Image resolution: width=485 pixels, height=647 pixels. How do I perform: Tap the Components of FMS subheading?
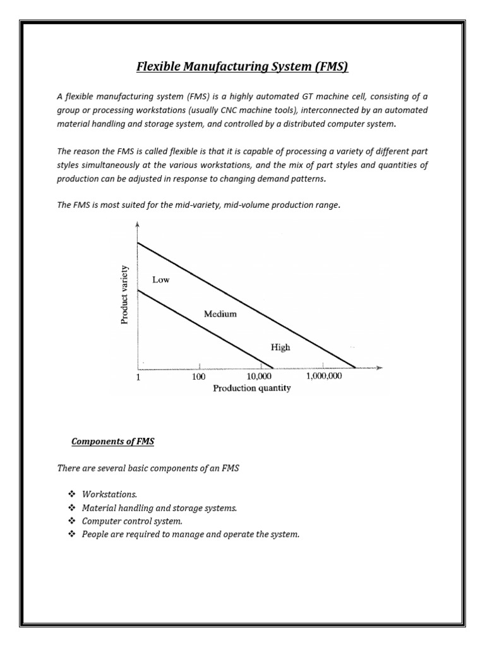click(113, 442)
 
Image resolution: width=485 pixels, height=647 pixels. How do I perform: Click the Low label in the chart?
click(160, 280)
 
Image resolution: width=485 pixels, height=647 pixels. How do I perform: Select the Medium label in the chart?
click(220, 314)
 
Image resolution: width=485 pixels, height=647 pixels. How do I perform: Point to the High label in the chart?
click(280, 347)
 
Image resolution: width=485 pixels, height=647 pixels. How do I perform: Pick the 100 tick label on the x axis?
click(199, 377)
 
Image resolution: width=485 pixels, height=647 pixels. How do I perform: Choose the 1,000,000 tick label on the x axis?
click(324, 377)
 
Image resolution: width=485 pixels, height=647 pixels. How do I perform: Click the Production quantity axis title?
click(252, 388)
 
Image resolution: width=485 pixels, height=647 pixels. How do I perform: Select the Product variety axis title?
click(124, 294)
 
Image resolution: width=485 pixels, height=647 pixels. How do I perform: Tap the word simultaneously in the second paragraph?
click(115, 166)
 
